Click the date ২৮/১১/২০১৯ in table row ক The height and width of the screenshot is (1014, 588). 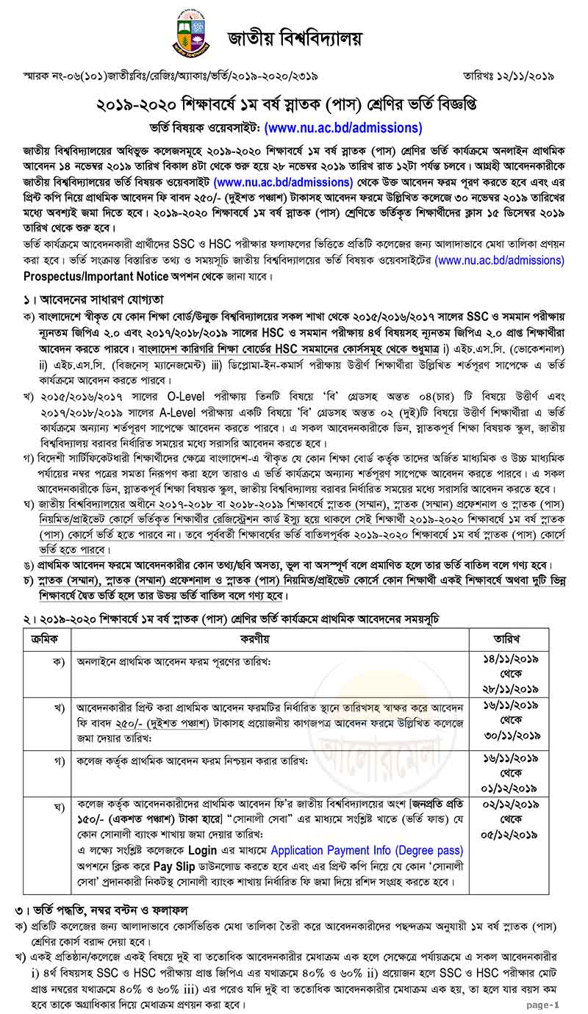coord(515,688)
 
